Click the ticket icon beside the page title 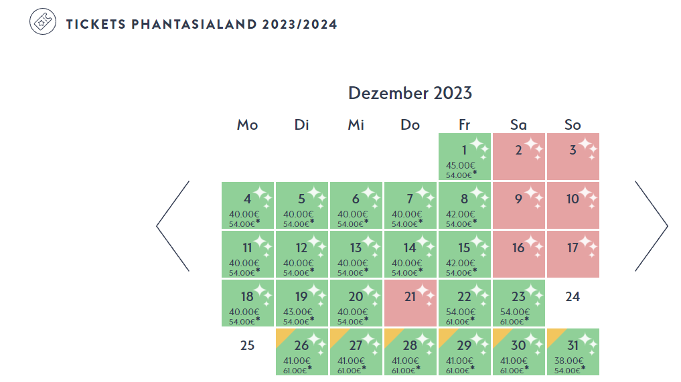coord(43,22)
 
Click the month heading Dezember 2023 coord(410,93)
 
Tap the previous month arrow coord(173,226)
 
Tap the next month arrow coord(651,226)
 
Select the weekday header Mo coord(247,125)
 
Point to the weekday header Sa coord(518,125)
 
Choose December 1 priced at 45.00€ coord(464,157)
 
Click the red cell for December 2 coord(519,157)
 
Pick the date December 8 coord(464,205)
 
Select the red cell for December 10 coord(573,205)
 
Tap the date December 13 coord(356,254)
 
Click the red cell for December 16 coord(519,254)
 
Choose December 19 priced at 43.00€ coord(301,303)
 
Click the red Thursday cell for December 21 coord(410,303)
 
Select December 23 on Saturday coord(519,303)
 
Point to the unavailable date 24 coord(573,296)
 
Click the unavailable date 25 coord(247,346)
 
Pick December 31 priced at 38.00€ coord(573,352)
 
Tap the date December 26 coord(301,352)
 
